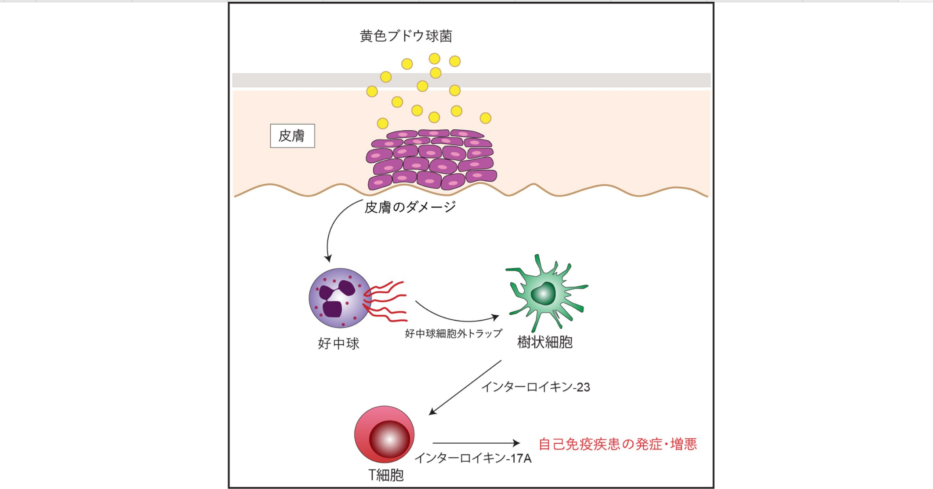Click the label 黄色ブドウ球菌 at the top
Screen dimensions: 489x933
pos(406,36)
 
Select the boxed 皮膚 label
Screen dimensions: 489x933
pos(292,136)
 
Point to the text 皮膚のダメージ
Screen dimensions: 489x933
pos(410,207)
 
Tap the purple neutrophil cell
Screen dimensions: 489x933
pos(339,298)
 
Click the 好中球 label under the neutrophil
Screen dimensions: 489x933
pos(338,343)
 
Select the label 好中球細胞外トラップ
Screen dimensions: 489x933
pos(453,333)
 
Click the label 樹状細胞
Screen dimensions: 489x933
pos(545,342)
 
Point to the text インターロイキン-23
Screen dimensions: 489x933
pos(535,387)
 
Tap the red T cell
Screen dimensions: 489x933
pos(384,434)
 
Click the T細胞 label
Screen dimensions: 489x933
pos(385,475)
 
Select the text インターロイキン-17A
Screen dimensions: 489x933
pos(473,458)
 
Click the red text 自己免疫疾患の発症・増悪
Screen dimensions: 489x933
pos(617,444)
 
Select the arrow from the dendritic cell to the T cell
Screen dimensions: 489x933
pos(465,387)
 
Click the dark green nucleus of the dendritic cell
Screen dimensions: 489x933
pos(544,294)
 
